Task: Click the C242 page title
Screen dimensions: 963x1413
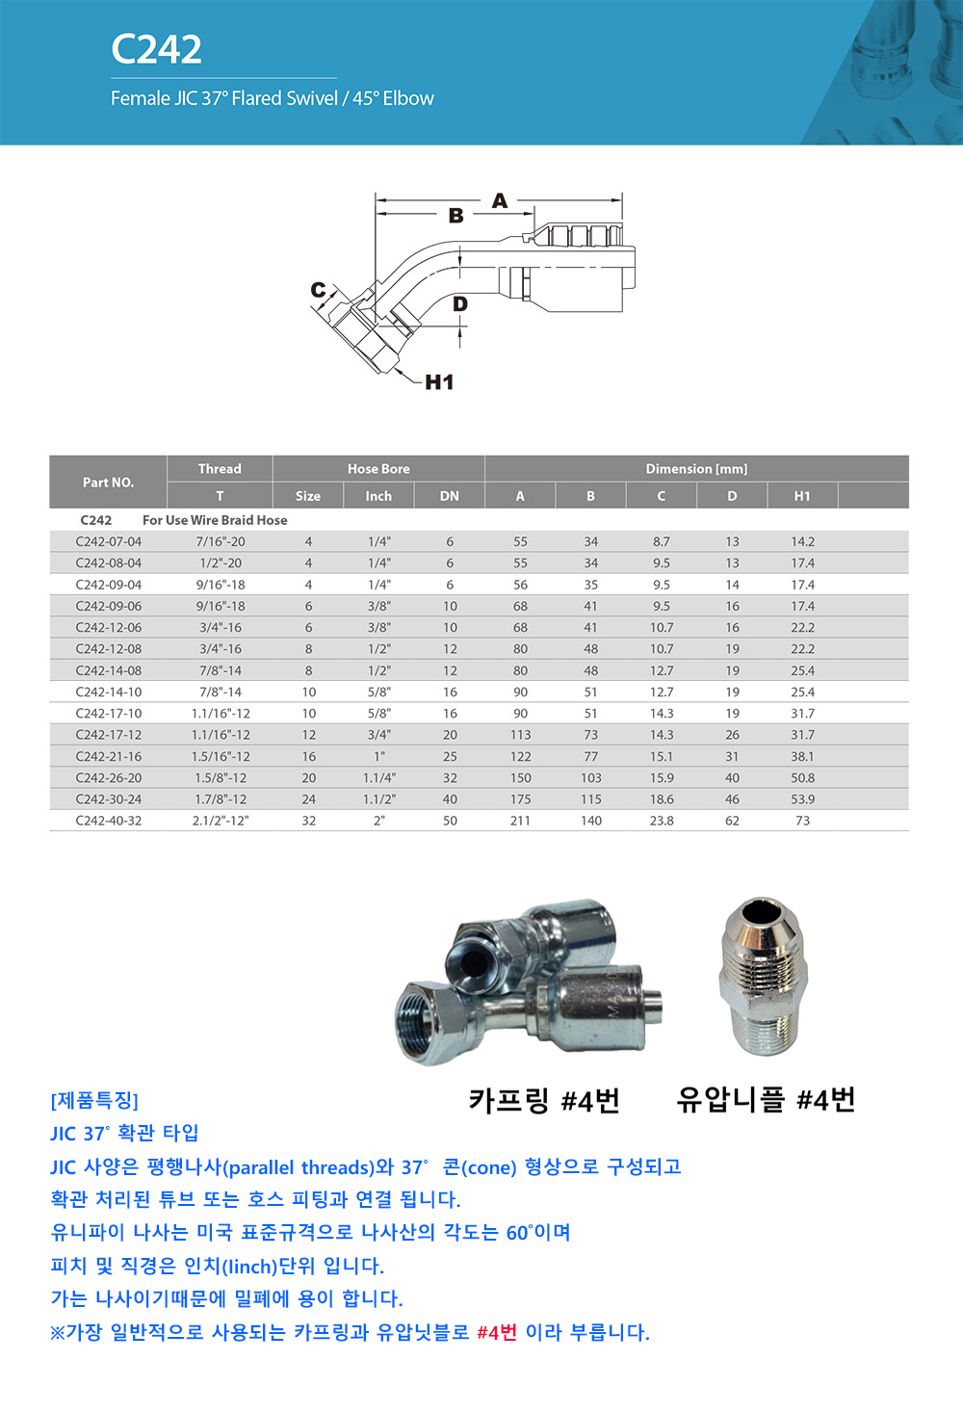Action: [x=156, y=49]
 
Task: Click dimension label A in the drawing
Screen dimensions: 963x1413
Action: [x=500, y=200]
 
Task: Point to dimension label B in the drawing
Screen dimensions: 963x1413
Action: [x=455, y=216]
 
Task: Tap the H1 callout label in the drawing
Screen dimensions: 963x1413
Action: [x=439, y=381]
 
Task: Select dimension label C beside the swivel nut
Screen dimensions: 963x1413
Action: [x=319, y=290]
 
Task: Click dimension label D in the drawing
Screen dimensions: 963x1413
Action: [x=460, y=304]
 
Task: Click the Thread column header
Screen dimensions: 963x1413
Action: [x=220, y=469]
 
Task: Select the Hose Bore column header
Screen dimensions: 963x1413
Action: [x=378, y=469]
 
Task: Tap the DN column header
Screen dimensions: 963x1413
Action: [x=450, y=496]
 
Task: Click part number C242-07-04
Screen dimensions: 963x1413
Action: [x=109, y=541]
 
